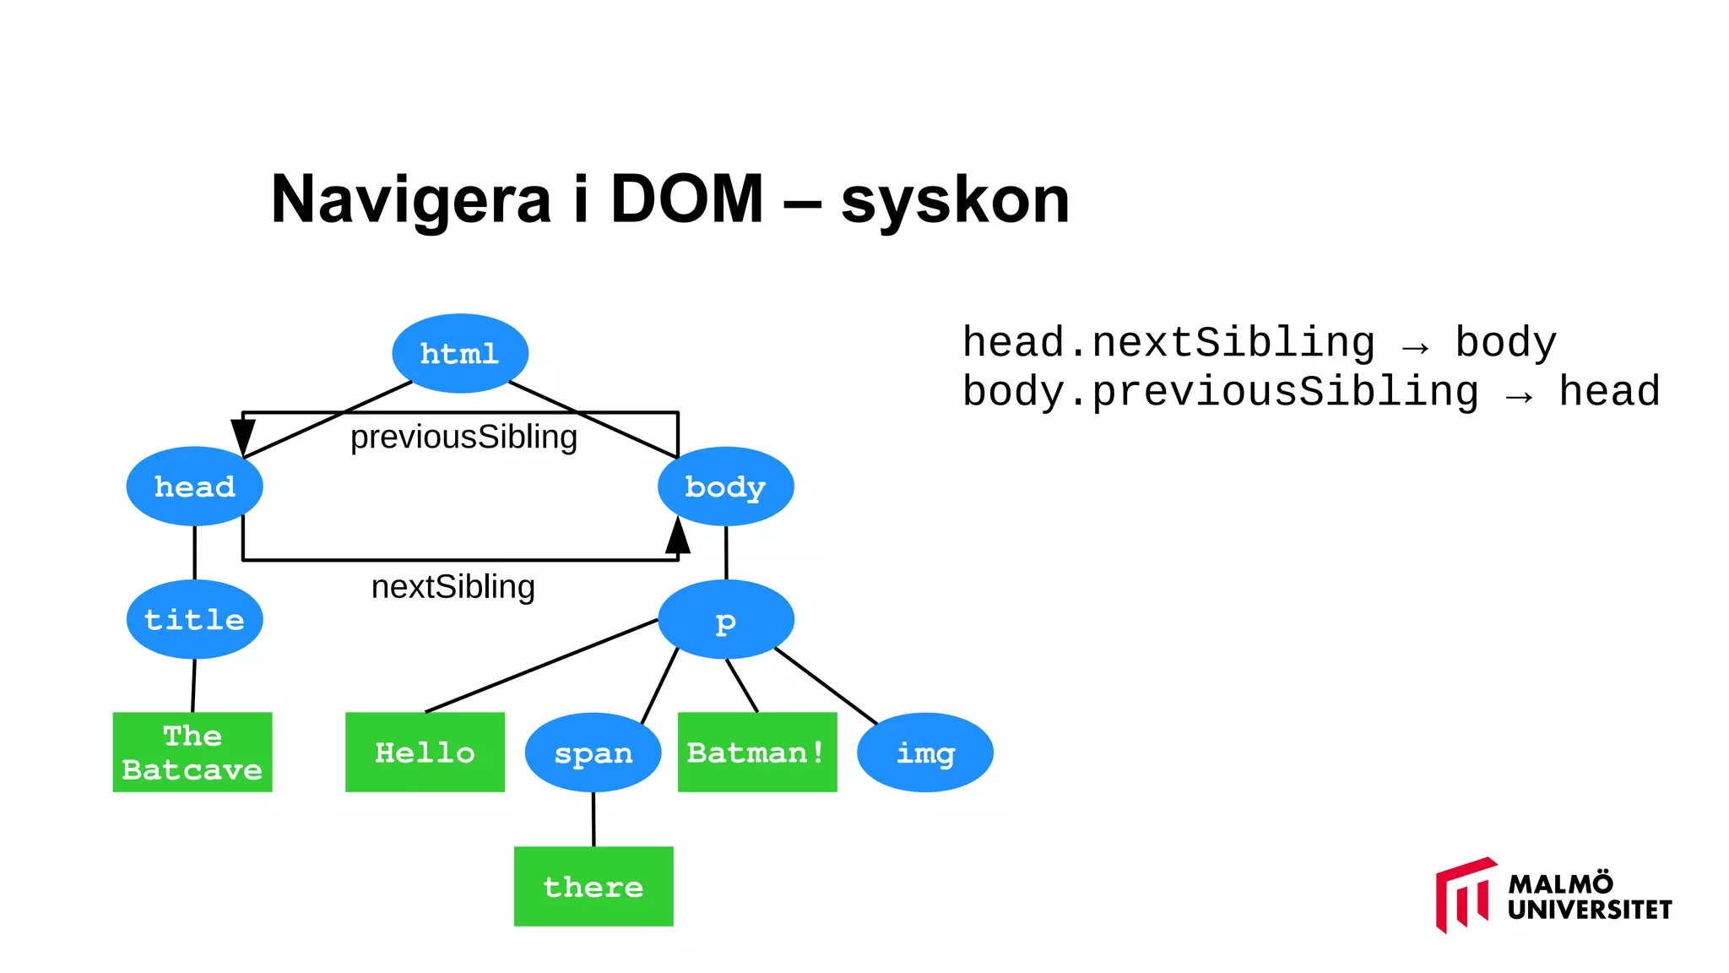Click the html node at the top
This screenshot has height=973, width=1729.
[460, 353]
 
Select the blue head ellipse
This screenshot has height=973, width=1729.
[194, 486]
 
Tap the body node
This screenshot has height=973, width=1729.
[725, 486]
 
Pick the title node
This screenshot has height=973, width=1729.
[194, 619]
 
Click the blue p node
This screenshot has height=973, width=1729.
[725, 620]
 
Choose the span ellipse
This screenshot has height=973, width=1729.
[593, 753]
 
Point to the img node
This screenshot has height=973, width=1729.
[924, 753]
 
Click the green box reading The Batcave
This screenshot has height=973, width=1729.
[192, 752]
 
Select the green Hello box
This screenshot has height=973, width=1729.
[425, 752]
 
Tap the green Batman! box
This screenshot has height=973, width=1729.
[757, 752]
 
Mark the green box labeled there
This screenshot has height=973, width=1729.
[593, 886]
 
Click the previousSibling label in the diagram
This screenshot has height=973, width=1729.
[463, 437]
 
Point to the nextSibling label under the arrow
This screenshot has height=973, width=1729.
[453, 586]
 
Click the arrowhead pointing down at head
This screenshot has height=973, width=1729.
[243, 436]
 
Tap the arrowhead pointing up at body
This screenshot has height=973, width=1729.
[678, 536]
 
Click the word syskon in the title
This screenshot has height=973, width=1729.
[955, 200]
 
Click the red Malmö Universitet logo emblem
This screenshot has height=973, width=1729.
[1464, 895]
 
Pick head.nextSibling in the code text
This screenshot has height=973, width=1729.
[1168, 343]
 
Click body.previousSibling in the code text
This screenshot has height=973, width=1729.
[1220, 392]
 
